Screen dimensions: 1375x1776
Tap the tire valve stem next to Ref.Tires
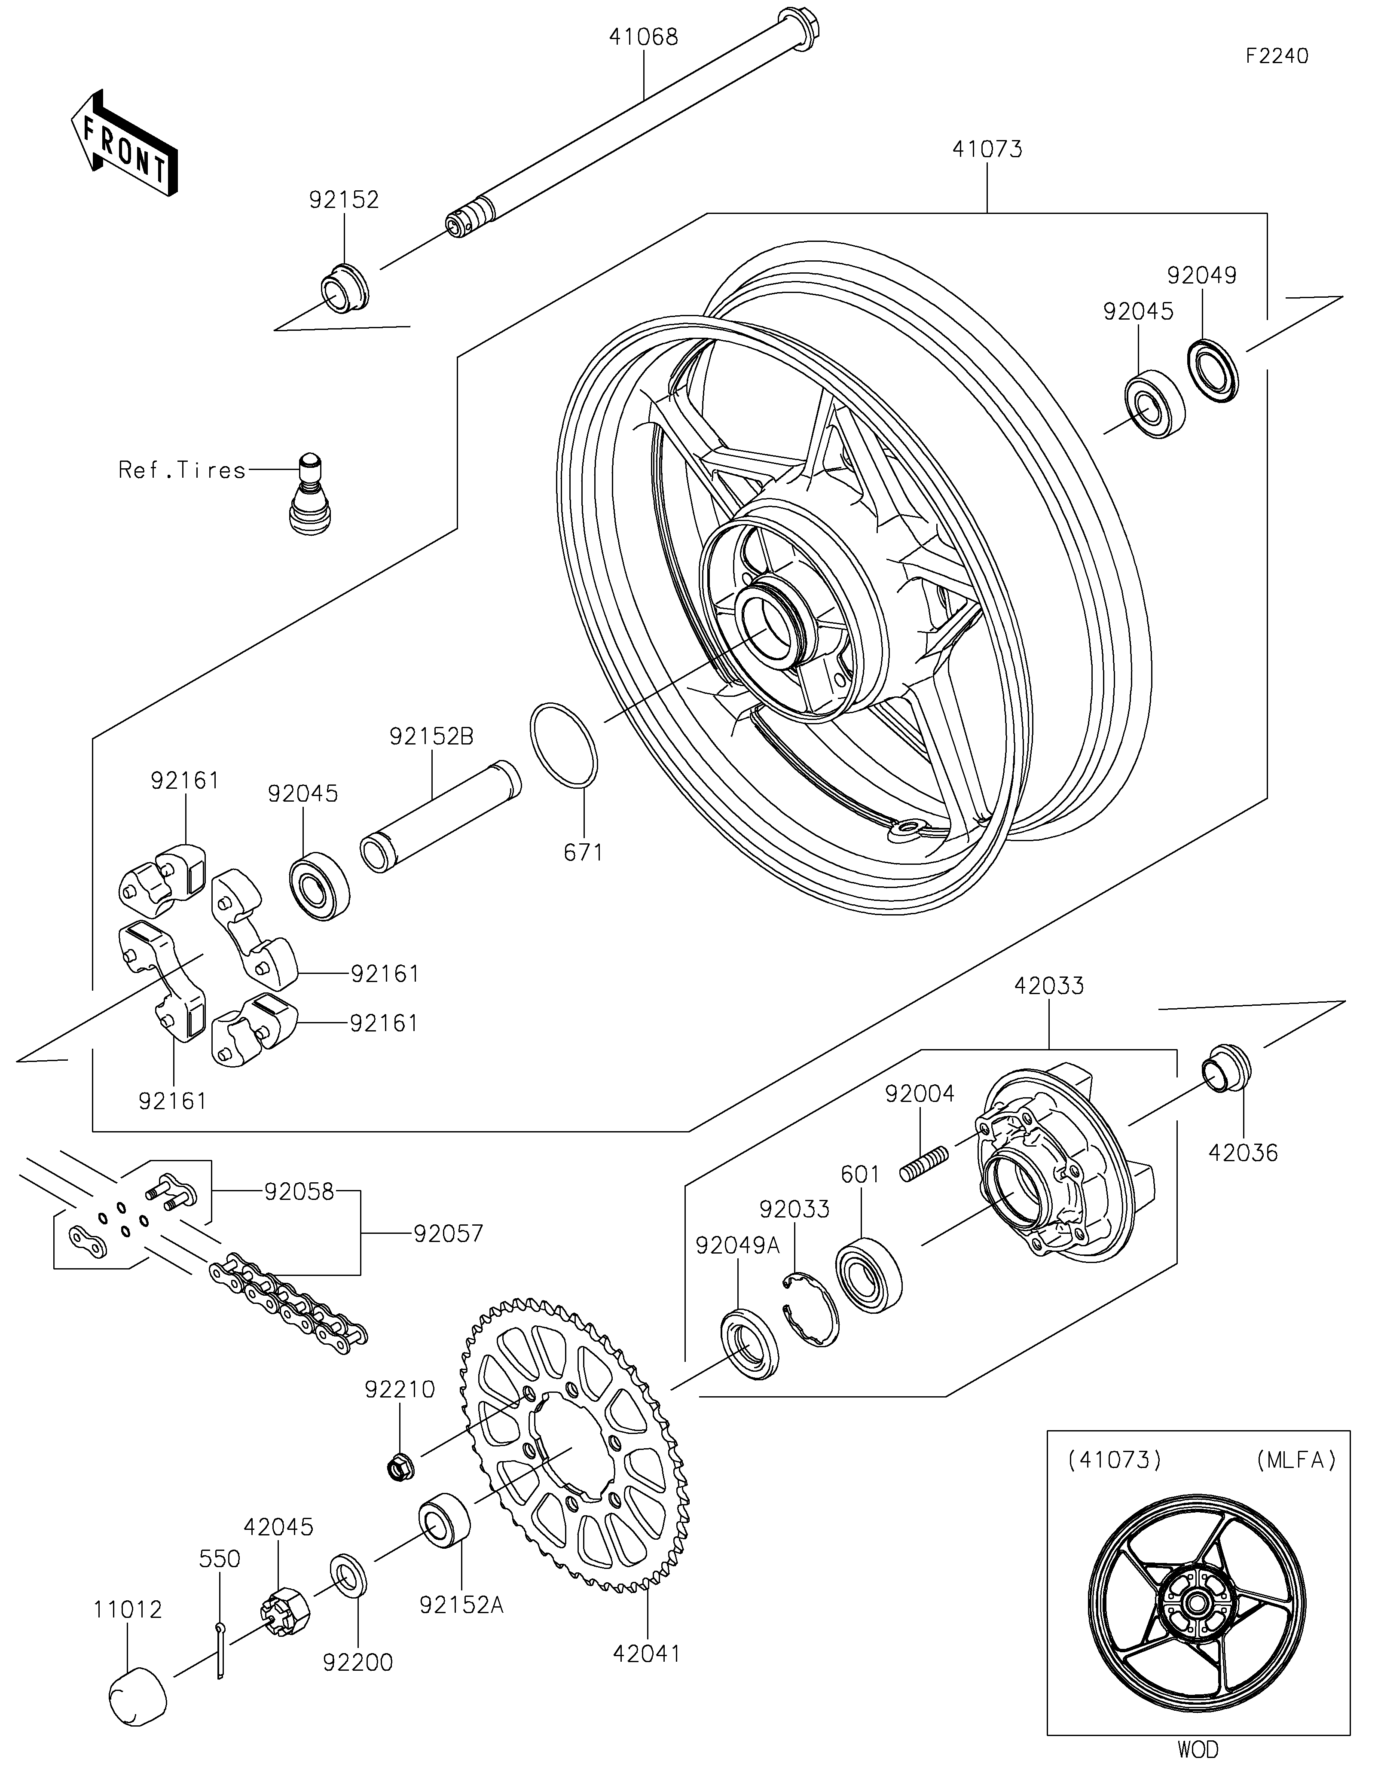tap(312, 494)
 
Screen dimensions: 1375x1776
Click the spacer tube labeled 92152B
tap(440, 816)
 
